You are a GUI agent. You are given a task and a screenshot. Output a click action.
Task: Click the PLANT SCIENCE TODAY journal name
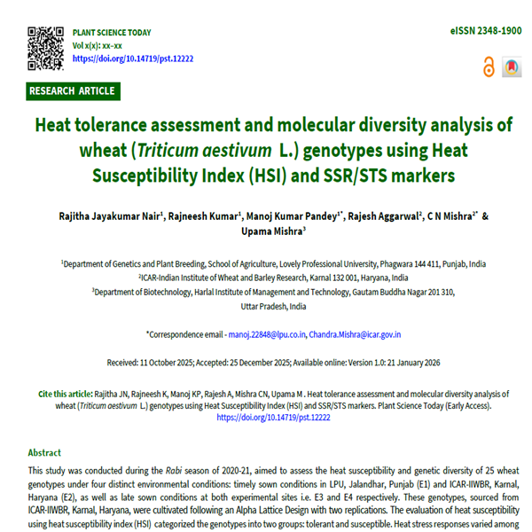pyautogui.click(x=113, y=32)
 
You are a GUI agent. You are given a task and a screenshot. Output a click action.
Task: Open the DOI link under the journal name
pyautogui.click(x=133, y=59)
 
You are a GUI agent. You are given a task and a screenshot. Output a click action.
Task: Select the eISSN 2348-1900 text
pyautogui.click(x=486, y=31)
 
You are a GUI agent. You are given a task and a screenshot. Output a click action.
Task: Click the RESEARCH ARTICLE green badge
pyautogui.click(x=72, y=90)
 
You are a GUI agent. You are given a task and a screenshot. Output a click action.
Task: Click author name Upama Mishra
pyautogui.click(x=276, y=233)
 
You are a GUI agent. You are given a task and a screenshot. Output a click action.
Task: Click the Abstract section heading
pyautogui.click(x=45, y=452)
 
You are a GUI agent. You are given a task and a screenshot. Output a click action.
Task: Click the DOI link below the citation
pyautogui.click(x=266, y=417)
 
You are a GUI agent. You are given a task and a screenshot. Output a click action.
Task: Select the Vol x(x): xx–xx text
pyautogui.click(x=98, y=45)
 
